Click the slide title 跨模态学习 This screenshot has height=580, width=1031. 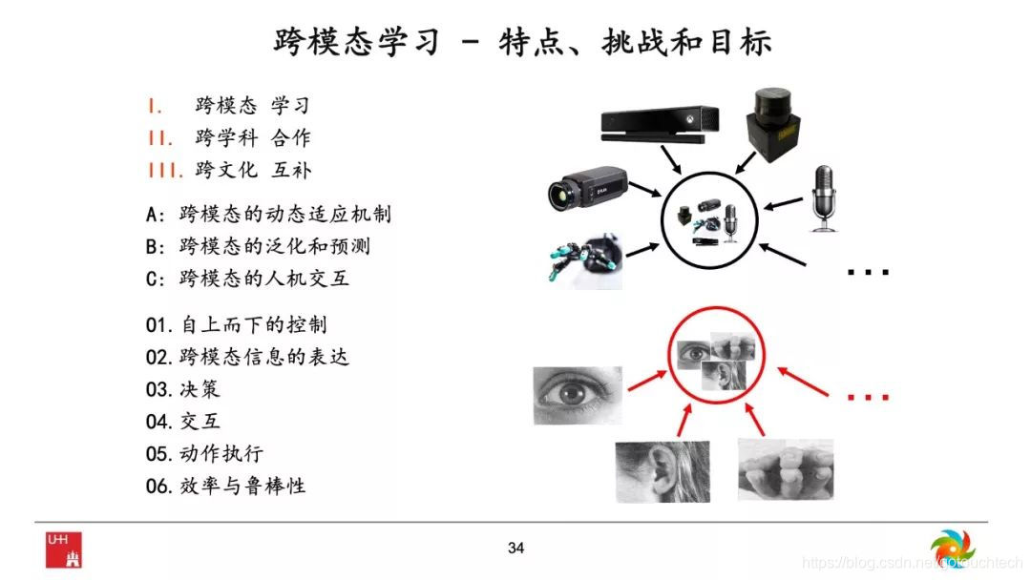356,42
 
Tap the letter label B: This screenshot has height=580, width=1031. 156,247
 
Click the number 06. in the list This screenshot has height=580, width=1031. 159,487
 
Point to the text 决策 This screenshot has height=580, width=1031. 200,389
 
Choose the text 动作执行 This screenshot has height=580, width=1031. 221,453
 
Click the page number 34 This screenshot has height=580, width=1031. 516,548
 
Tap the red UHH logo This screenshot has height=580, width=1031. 64,549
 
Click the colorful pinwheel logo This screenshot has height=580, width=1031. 953,549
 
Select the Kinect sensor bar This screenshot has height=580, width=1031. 661,123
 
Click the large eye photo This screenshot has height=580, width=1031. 578,396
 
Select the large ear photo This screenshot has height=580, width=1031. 663,471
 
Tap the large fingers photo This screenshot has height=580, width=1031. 786,470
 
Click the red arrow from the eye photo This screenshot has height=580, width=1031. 647,381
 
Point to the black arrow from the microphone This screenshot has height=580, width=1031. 783,203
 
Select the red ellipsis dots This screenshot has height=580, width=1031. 868,397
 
